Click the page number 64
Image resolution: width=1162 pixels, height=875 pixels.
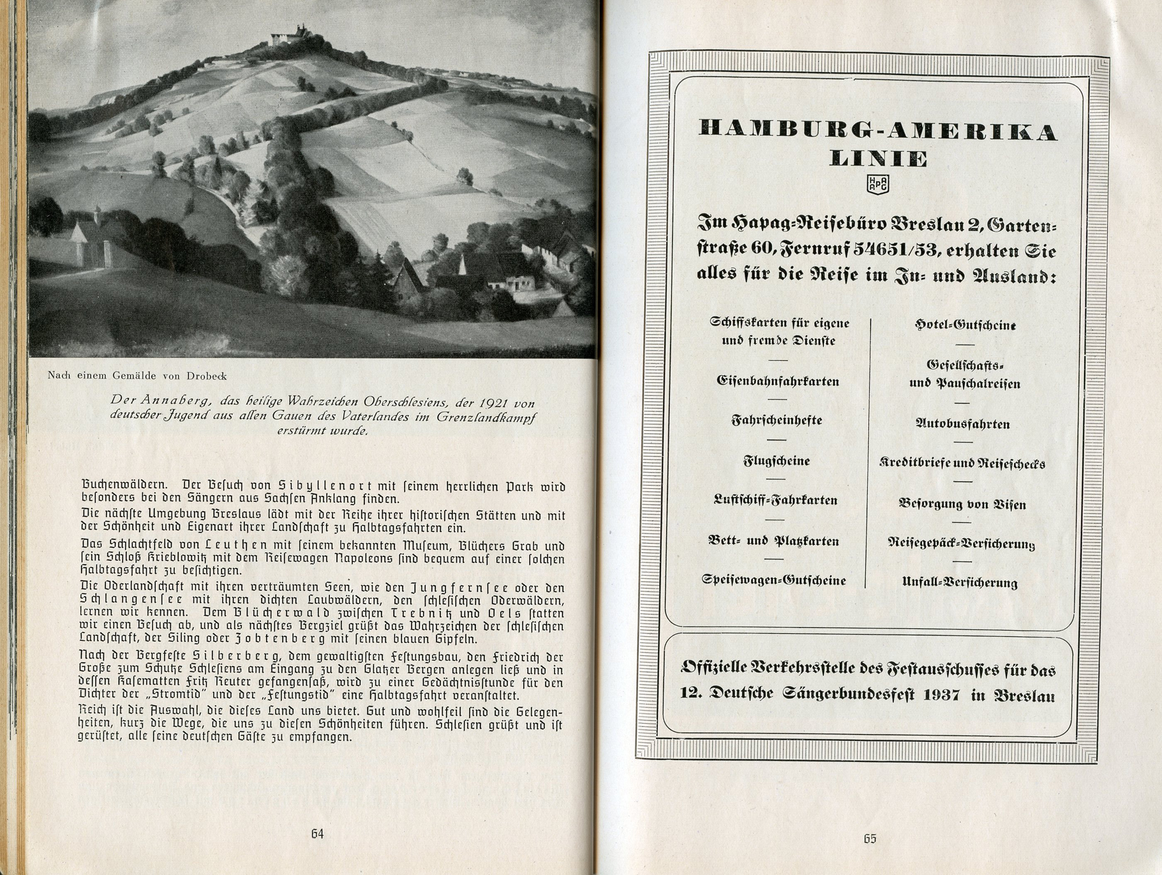pyautogui.click(x=317, y=834)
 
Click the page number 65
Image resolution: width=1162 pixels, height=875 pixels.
pyautogui.click(x=870, y=839)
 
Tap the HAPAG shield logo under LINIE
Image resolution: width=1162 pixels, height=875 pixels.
pyautogui.click(x=877, y=184)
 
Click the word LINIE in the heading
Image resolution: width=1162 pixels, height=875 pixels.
pyautogui.click(x=878, y=158)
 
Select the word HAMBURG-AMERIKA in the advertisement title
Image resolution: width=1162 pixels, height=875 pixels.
pyautogui.click(x=878, y=131)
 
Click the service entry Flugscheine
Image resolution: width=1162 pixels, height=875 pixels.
pyautogui.click(x=777, y=461)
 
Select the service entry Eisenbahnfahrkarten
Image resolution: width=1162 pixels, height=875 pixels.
pyautogui.click(x=778, y=381)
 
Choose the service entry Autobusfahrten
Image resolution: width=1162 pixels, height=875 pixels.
pyautogui.click(x=962, y=424)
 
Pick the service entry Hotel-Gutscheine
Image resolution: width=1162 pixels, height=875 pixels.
pyautogui.click(x=965, y=325)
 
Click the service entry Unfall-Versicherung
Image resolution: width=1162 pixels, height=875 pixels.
pyautogui.click(x=960, y=582)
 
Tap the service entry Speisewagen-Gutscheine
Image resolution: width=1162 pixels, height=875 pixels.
pyautogui.click(x=773, y=580)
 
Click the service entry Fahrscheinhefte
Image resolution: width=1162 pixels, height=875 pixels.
pyautogui.click(x=777, y=421)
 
